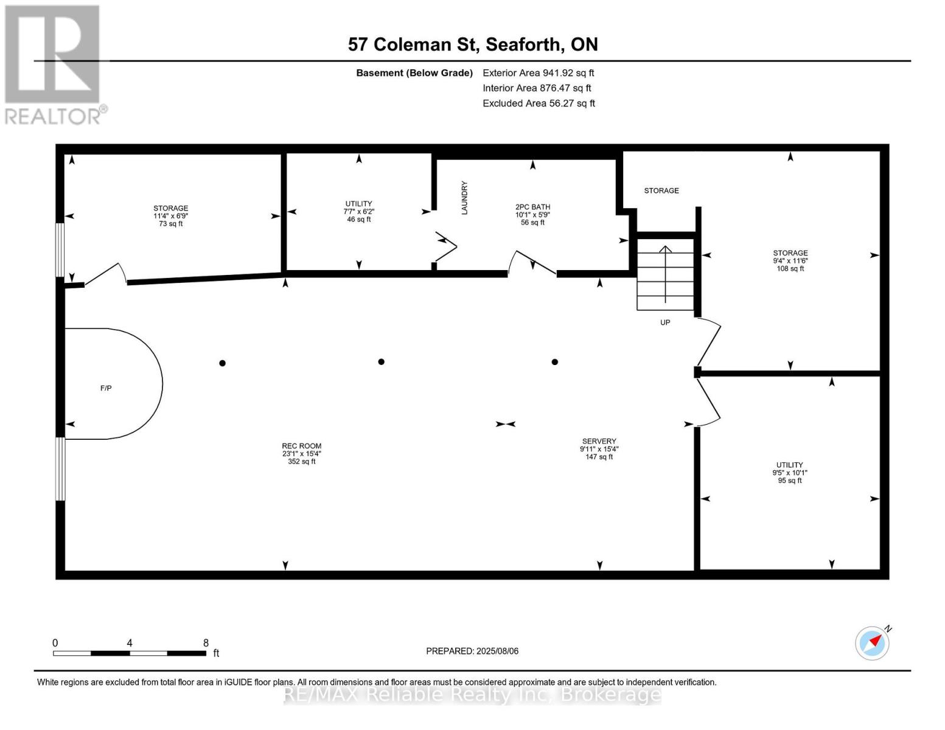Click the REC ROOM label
301,453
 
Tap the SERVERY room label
599,448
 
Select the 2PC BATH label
532,215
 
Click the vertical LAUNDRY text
464,198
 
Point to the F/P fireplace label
106,388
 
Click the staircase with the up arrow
665,274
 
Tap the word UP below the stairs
665,322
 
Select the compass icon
872,643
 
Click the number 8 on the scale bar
206,643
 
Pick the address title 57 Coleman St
473,44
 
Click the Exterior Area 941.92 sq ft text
538,73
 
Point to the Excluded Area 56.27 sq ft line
539,103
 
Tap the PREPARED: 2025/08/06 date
472,651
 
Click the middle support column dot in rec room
382,362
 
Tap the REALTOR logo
54,64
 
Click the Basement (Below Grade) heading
414,73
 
